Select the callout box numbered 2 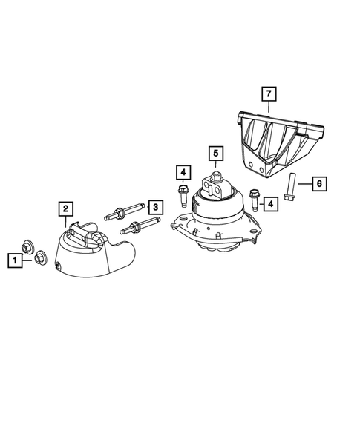66,208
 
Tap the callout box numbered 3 155,206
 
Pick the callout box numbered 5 215,154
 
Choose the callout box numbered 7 267,94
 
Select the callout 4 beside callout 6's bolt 271,202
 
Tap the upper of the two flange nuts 27,248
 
